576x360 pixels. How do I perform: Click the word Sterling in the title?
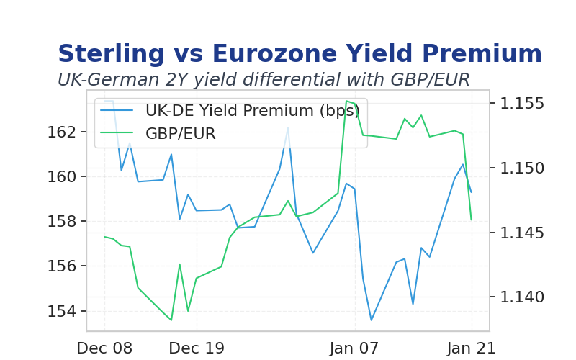coord(112,54)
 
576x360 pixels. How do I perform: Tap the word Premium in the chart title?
coord(482,53)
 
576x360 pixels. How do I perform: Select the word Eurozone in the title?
coord(274,53)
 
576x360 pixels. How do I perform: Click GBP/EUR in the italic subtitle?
coord(430,80)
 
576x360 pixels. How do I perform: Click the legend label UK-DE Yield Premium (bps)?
coord(253,111)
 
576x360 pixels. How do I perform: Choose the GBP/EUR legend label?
coord(181,133)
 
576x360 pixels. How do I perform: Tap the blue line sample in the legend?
coord(117,110)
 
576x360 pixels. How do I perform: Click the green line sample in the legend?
coord(117,133)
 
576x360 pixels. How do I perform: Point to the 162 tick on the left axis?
coord(61,132)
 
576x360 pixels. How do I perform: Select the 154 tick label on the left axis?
coord(61,311)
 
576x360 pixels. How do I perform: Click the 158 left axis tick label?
coord(61,222)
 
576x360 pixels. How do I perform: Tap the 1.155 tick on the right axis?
coord(522,103)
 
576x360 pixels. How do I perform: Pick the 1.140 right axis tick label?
coord(522,297)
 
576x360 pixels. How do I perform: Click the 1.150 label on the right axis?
coord(522,168)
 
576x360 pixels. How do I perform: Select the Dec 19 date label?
coord(197,348)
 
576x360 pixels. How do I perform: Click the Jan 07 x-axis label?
coord(354,348)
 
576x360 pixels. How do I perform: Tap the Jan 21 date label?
coord(472,348)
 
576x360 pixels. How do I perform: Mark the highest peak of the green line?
coord(346,101)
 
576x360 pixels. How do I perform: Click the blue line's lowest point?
coord(372,320)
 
